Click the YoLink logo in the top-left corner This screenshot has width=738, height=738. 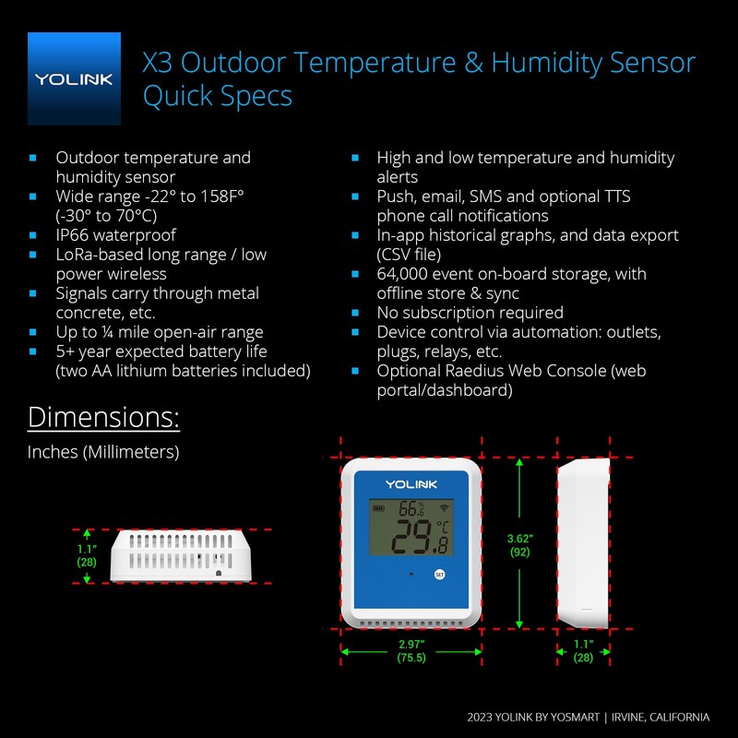click(x=74, y=78)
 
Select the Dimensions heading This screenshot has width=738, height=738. click(x=103, y=417)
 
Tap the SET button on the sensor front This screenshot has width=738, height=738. click(x=439, y=574)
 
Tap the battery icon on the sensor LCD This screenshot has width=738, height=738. click(x=379, y=507)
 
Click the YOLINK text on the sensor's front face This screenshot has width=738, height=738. click(x=411, y=483)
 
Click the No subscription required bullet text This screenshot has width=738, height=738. click(x=470, y=313)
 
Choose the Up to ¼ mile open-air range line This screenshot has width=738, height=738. click(x=160, y=332)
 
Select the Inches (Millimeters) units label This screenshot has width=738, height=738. click(x=103, y=452)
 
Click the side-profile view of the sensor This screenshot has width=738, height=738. click(x=583, y=543)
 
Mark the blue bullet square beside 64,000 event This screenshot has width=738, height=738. click(x=355, y=274)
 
